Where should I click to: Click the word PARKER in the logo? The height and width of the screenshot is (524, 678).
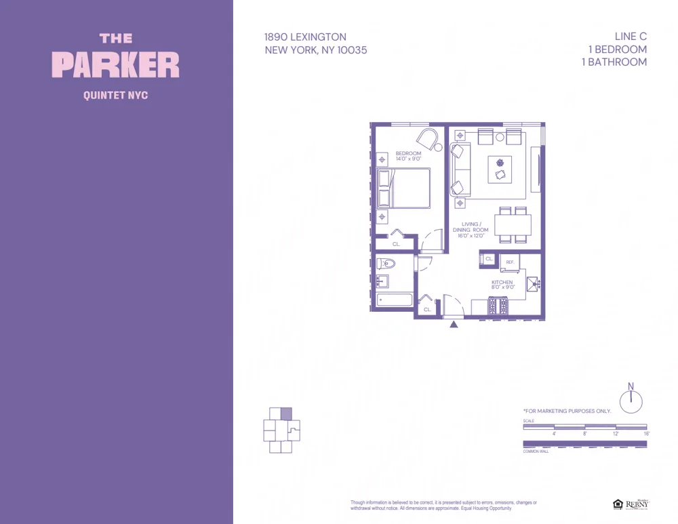pyautogui.click(x=116, y=64)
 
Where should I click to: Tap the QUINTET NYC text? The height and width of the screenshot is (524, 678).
pyautogui.click(x=115, y=96)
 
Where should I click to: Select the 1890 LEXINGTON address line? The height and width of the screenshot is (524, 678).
pyautogui.click(x=305, y=37)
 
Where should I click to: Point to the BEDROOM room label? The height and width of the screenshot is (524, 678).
pyautogui.click(x=408, y=154)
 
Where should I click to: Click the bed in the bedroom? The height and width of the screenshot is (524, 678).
pyautogui.click(x=404, y=188)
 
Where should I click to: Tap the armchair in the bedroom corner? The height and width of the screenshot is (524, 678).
pyautogui.click(x=428, y=140)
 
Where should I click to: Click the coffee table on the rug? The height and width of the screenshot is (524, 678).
pyautogui.click(x=500, y=169)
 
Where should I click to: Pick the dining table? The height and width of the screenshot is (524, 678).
pyautogui.click(x=513, y=224)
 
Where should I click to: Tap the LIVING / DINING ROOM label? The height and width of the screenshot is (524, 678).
pyautogui.click(x=471, y=230)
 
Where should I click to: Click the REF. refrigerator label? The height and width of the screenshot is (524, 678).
pyautogui.click(x=510, y=262)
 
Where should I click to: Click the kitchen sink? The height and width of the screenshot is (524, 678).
pyautogui.click(x=533, y=284)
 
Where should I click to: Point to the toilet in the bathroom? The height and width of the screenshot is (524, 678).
pyautogui.click(x=387, y=264)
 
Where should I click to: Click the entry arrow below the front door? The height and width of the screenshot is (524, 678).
pyautogui.click(x=454, y=324)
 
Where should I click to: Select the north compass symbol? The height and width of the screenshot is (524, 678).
pyautogui.click(x=631, y=401)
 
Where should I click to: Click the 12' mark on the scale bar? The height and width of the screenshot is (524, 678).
pyautogui.click(x=616, y=433)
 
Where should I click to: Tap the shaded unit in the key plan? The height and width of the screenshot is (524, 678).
pyautogui.click(x=286, y=414)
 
